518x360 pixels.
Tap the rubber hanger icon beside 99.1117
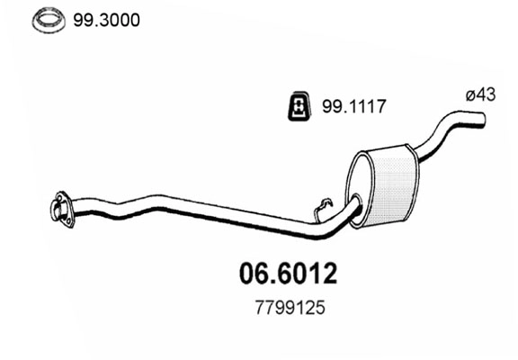299,107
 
